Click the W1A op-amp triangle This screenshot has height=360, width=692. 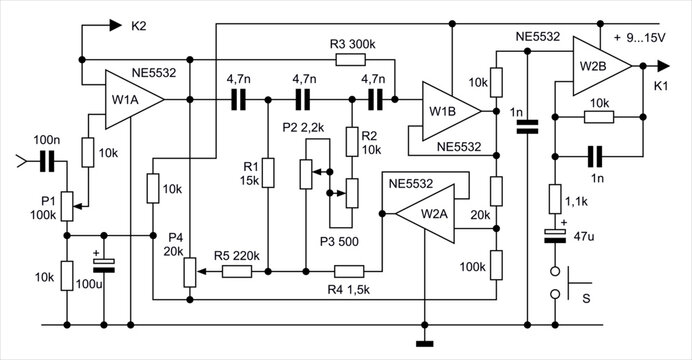(129, 100)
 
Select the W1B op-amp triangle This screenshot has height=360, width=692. (446, 111)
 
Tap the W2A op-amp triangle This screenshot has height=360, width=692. (424, 212)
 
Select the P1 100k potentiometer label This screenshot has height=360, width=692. (39, 206)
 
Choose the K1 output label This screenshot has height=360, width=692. (661, 88)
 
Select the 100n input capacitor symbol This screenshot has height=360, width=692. (46, 159)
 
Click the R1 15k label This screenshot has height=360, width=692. (251, 171)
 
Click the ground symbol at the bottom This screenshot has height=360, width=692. (426, 344)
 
